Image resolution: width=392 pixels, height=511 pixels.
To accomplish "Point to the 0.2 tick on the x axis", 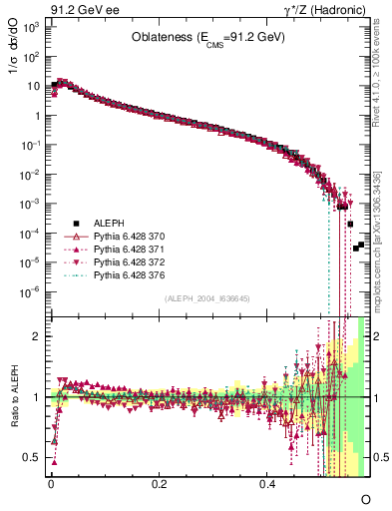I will [159, 483].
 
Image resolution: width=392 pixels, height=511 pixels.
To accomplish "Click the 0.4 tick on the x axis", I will [267, 483].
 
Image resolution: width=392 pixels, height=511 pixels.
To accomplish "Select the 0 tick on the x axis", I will [51, 483].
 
